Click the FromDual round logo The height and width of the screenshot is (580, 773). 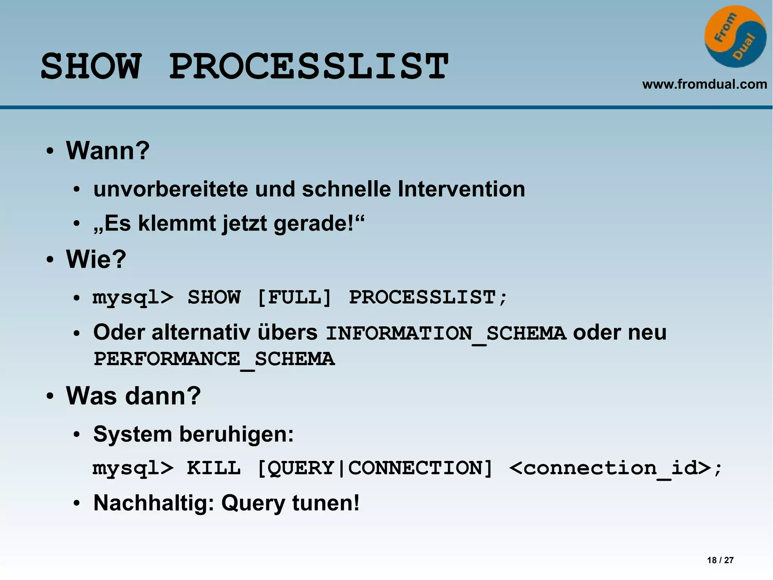735,37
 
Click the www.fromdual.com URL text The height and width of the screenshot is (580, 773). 704,84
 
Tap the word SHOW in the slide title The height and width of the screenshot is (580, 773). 91,67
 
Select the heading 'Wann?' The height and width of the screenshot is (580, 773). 108,150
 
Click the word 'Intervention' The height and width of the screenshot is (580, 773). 461,189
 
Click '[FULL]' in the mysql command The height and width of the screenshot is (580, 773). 294,297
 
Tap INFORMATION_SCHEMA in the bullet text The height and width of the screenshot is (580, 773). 446,333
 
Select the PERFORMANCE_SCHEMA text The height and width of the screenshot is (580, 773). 214,359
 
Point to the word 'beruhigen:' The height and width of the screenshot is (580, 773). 236,434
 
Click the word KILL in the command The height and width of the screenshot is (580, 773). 214,468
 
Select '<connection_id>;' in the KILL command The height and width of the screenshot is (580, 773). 615,468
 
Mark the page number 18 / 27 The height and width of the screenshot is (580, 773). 720,560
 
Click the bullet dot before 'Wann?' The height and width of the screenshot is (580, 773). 50,152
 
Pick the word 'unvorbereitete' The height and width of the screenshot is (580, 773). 171,189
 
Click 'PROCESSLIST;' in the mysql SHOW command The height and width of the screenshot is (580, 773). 428,297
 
